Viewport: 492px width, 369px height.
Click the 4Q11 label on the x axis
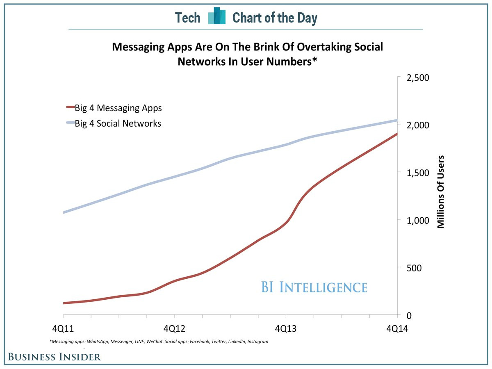point(63,328)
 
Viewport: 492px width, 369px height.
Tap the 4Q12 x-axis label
point(175,328)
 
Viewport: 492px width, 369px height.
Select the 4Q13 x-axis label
point(286,328)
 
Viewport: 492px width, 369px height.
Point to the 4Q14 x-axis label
point(397,328)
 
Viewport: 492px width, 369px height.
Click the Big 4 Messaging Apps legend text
point(118,108)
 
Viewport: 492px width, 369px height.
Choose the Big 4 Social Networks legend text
point(118,123)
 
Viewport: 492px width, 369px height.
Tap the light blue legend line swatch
point(70,123)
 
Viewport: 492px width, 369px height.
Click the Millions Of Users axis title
point(441,191)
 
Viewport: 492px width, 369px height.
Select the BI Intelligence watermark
point(314,287)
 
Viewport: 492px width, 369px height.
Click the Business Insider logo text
point(54,357)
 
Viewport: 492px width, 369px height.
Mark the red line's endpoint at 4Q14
point(397,134)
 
